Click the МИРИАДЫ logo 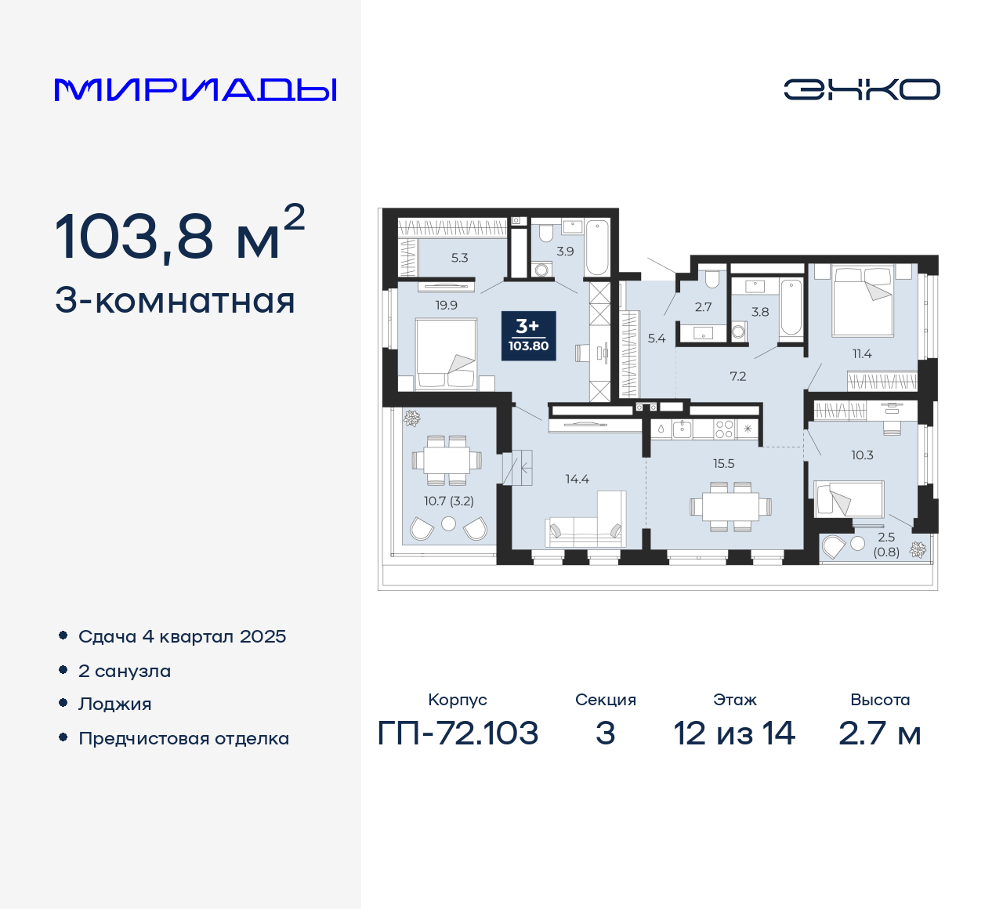195,90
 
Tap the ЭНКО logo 861,89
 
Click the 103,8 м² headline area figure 179,234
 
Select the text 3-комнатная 175,301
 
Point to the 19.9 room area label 446,306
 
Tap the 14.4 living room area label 577,479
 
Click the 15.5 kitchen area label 723,464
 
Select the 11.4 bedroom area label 862,354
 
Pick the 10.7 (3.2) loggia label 449,501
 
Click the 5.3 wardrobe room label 459,258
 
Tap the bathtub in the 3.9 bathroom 597,247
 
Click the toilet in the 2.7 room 712,280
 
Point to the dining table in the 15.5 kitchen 730,506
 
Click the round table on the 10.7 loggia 448,523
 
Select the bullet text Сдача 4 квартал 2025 182,636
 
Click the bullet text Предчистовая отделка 183,738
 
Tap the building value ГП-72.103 458,733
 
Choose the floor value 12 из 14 734,733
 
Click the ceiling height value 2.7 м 879,733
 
